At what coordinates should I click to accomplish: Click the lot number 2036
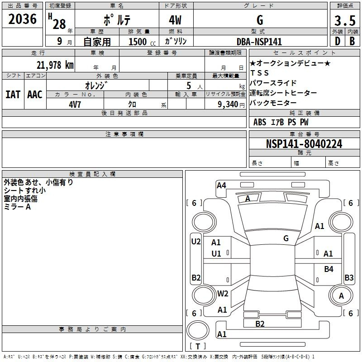click(22, 19)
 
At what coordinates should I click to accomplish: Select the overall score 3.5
click(345, 20)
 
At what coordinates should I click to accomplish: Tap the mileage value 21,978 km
click(55, 65)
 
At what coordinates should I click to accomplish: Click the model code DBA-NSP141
click(259, 42)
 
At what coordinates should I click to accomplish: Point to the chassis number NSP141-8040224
click(304, 144)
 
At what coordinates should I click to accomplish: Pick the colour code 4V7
click(75, 105)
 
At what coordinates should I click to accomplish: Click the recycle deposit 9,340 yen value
click(231, 105)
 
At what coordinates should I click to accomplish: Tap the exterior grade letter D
click(338, 41)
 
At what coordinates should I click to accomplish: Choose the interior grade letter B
click(352, 41)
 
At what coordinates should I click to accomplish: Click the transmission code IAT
click(13, 95)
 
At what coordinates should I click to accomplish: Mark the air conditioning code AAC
click(35, 95)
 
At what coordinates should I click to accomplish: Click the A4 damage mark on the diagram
click(221, 186)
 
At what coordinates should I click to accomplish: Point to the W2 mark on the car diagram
click(223, 294)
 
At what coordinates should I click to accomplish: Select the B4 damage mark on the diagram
click(329, 269)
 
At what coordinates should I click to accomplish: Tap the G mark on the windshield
click(286, 238)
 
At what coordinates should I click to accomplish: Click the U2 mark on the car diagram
click(196, 242)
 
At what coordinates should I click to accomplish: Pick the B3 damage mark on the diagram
click(349, 277)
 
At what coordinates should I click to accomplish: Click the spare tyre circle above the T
click(198, 330)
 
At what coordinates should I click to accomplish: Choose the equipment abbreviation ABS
click(260, 122)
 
